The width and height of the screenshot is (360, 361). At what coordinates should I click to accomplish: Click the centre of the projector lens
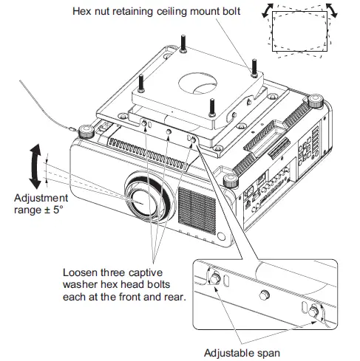pyautogui.click(x=139, y=199)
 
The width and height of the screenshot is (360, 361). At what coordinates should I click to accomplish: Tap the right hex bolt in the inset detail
pyautogui.click(x=318, y=312)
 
